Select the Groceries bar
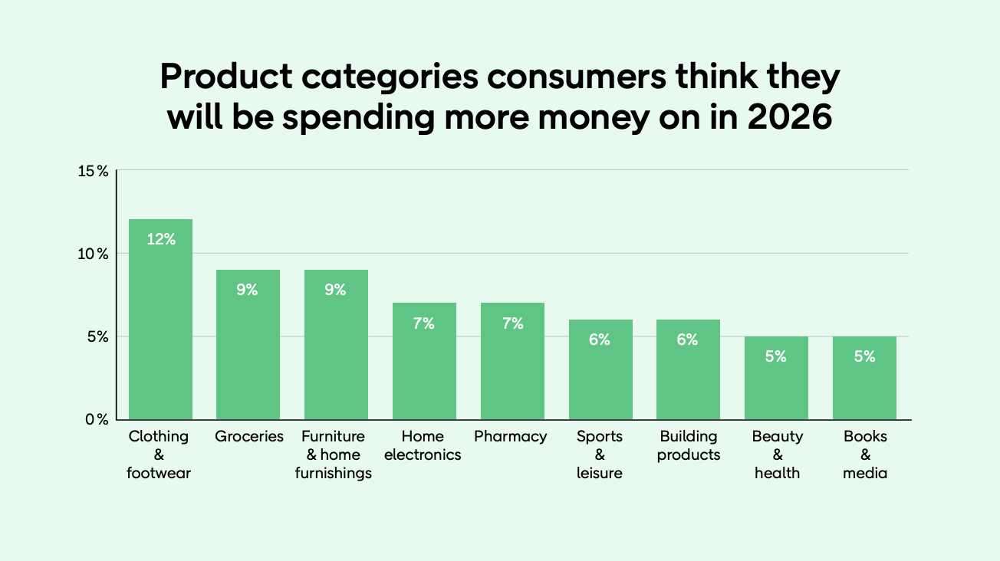click(x=248, y=345)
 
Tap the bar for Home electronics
click(x=424, y=361)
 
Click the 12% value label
click(x=161, y=239)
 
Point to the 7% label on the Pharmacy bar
click(x=512, y=323)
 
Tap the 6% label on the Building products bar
click(x=688, y=340)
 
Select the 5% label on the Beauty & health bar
click(x=776, y=356)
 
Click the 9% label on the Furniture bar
click(x=336, y=290)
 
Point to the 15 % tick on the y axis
click(x=93, y=171)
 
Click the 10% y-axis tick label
click(x=93, y=254)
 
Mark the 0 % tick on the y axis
click(x=96, y=419)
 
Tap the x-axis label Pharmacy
click(x=511, y=437)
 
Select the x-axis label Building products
click(x=689, y=445)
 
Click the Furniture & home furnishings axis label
click(x=334, y=454)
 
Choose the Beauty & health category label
click(x=777, y=454)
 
